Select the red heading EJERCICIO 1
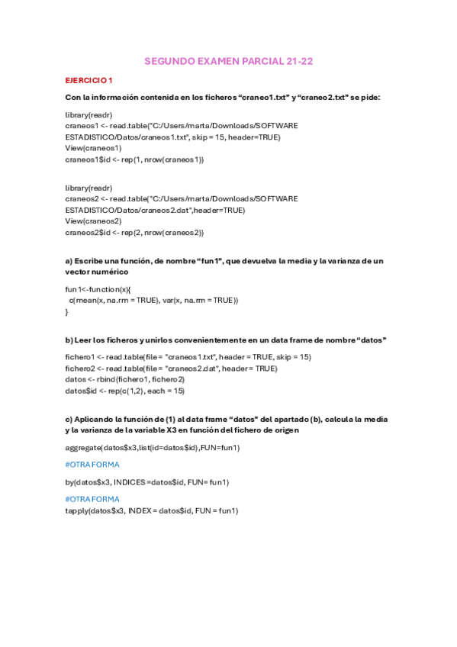tap(89, 79)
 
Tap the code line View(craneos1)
tap(93, 148)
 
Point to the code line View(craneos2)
tap(93, 220)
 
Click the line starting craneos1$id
tap(134, 159)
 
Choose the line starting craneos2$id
tap(134, 232)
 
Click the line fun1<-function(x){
tap(98, 290)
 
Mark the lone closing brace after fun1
tap(67, 311)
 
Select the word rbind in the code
tap(107, 379)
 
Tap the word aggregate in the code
tap(83, 447)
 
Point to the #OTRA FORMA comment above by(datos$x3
tap(92, 464)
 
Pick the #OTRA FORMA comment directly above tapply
tap(92, 499)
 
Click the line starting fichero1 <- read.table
tap(188, 357)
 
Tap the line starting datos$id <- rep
tap(124, 391)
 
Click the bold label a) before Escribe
tap(69, 260)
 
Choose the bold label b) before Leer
tap(69, 340)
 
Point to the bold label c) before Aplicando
tap(69, 419)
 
